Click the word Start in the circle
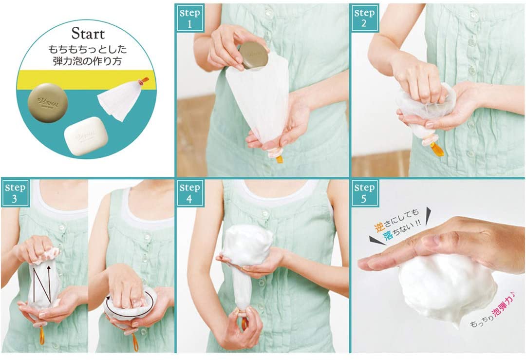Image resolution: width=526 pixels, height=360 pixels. click(88, 34)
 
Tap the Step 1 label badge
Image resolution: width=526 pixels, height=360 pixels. click(189, 18)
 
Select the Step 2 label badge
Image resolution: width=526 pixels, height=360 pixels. click(364, 18)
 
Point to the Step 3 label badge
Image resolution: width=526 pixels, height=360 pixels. click(15, 193)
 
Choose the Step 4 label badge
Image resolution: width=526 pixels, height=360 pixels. click(189, 193)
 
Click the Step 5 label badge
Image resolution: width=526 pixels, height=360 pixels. click(364, 193)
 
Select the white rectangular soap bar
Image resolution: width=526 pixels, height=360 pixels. click(86, 136)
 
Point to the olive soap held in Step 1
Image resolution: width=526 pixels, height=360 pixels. click(253, 56)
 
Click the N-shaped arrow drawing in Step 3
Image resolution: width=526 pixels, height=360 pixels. click(42, 284)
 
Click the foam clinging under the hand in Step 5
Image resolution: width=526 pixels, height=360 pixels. click(446, 287)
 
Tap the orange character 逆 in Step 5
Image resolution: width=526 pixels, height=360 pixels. click(379, 227)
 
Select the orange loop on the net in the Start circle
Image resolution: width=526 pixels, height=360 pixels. click(145, 80)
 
